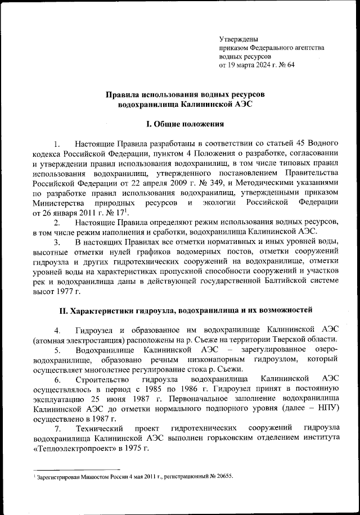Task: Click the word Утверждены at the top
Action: pos(239,39)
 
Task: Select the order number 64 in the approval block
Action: pos(290,65)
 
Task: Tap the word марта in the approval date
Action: pos(248,65)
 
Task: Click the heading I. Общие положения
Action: pos(185,123)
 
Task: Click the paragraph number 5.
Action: pos(57,350)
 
